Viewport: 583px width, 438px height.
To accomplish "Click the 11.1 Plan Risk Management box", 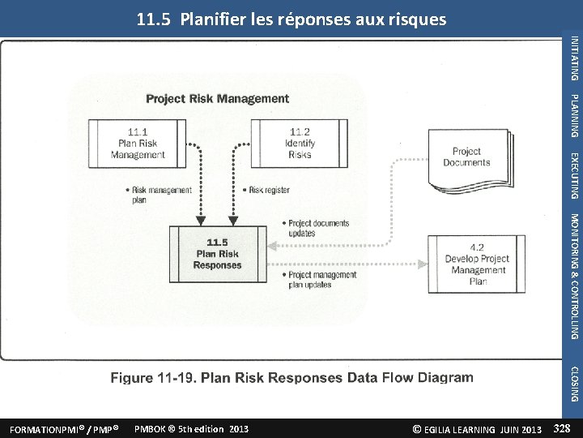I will [x=138, y=143].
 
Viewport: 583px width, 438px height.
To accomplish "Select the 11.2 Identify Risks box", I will [x=299, y=143].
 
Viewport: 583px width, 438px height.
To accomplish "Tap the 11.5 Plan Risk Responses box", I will [x=217, y=253].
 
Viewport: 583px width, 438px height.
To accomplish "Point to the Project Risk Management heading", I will [x=217, y=99].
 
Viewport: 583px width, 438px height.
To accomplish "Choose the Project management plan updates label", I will [x=321, y=280].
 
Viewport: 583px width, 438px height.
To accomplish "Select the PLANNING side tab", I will [x=574, y=115].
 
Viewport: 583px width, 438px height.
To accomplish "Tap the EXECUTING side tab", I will [x=574, y=174].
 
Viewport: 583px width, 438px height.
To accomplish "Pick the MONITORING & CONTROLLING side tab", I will [x=574, y=276].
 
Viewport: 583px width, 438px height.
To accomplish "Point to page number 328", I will [x=563, y=427].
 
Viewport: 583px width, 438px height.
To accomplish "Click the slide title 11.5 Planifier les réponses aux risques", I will [x=291, y=19].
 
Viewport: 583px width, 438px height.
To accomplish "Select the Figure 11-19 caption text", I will [x=291, y=377].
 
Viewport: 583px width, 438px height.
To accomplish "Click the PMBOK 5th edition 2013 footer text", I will [x=191, y=428].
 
